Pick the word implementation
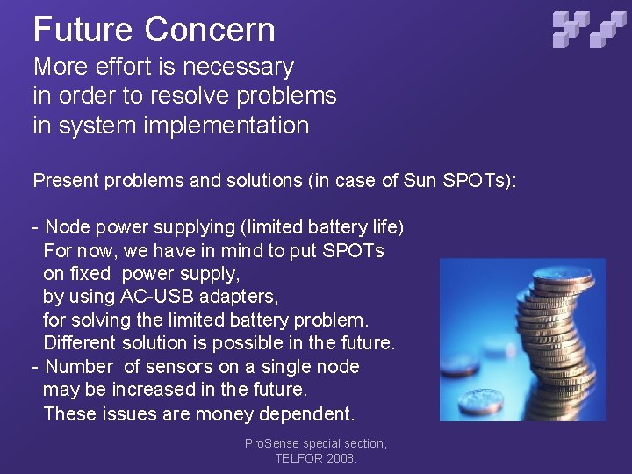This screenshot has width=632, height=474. (x=224, y=126)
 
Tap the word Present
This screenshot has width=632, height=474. (x=65, y=181)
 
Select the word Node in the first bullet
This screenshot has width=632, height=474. (x=68, y=227)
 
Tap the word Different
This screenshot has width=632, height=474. (x=80, y=342)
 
